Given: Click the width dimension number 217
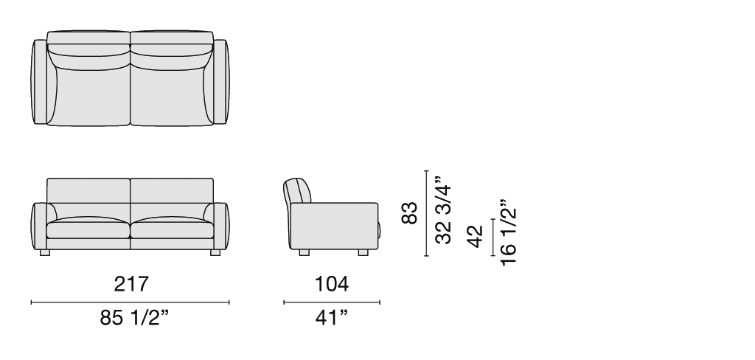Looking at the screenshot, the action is click(131, 284).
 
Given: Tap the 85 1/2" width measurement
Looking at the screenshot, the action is click(135, 318).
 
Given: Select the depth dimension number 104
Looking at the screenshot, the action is click(331, 284).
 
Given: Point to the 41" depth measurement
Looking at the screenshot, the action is click(332, 318).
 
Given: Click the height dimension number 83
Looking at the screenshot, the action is click(409, 212).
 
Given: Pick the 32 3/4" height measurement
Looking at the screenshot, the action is click(443, 210).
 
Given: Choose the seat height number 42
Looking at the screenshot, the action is click(476, 236).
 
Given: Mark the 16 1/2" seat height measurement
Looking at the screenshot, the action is click(509, 232).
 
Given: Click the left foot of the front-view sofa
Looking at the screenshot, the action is click(45, 252).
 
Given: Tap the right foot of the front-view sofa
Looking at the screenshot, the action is click(215, 252).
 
